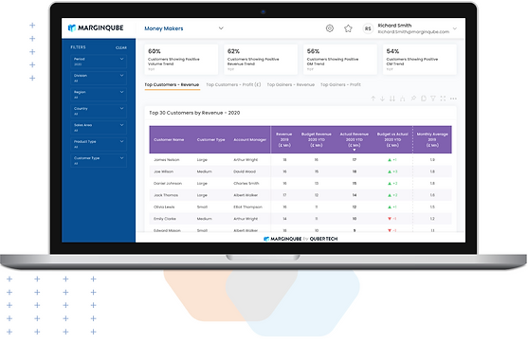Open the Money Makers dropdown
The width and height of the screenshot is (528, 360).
click(x=184, y=28)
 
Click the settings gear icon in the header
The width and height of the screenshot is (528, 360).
click(x=329, y=28)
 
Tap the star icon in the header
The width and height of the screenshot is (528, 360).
click(x=348, y=28)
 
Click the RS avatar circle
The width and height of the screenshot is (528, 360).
click(x=368, y=29)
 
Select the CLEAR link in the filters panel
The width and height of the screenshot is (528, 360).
click(x=121, y=46)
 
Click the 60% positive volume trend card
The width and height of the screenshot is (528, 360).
click(x=179, y=59)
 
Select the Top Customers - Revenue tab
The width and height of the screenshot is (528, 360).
click(x=172, y=84)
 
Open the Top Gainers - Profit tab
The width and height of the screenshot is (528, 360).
click(x=340, y=84)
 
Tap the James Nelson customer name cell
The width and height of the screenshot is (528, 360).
click(x=166, y=160)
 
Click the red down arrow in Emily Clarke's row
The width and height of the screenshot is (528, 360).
click(x=390, y=217)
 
